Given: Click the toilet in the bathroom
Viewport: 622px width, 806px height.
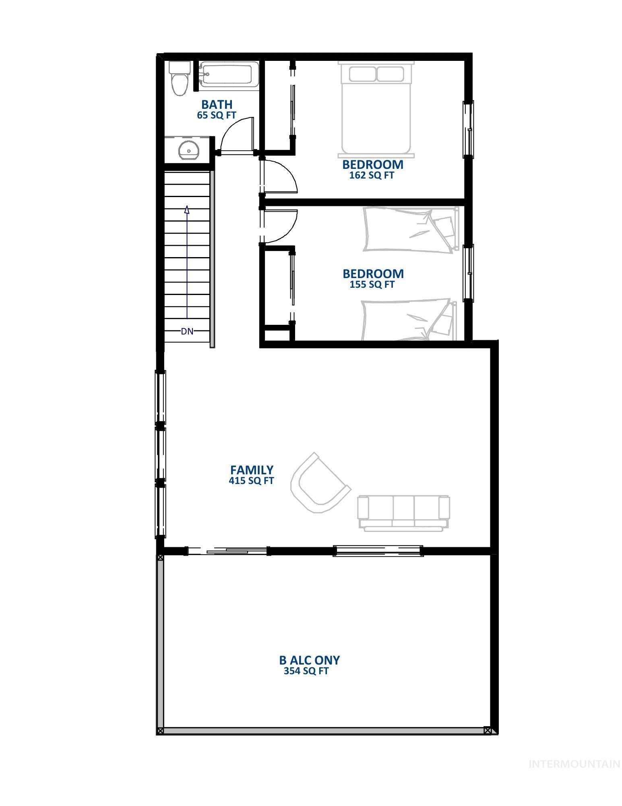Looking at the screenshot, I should click(179, 79).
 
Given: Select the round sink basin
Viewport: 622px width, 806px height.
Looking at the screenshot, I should click(188, 150).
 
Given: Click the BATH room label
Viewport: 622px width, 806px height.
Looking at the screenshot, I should click(217, 104).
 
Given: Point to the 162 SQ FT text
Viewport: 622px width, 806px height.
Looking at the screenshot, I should click(372, 175).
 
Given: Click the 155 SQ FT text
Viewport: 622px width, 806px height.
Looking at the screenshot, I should click(372, 285).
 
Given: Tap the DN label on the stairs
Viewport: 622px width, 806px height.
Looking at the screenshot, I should click(187, 331).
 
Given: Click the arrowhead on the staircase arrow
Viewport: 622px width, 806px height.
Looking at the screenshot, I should click(187, 210).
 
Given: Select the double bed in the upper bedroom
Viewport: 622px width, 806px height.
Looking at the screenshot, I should click(376, 108).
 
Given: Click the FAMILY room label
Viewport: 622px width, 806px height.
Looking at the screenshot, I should click(252, 470).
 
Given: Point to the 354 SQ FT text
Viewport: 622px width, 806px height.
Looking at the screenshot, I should click(306, 671).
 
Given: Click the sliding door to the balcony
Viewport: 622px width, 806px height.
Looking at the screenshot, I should click(227, 550).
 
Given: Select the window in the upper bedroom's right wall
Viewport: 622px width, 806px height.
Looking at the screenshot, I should click(468, 129).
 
